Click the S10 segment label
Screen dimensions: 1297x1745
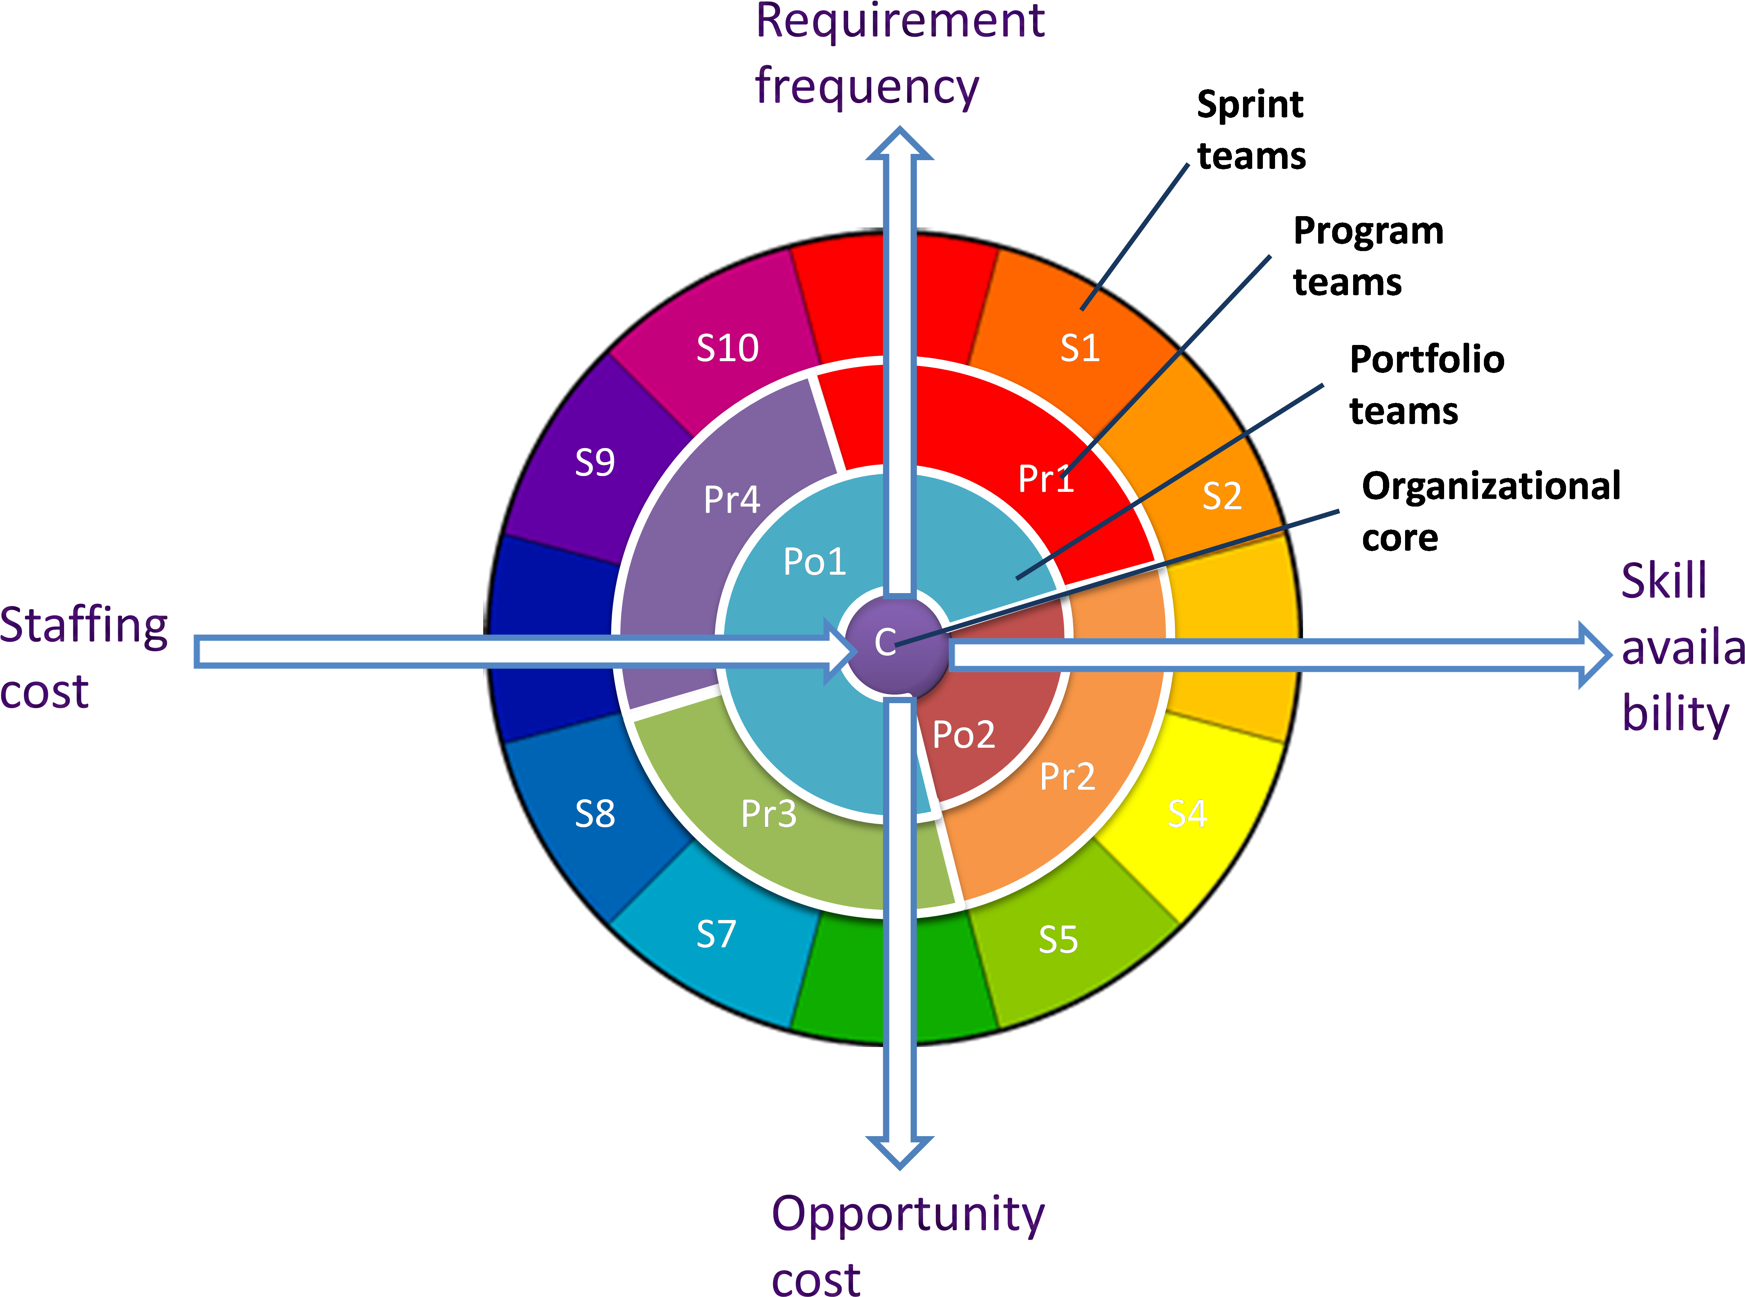[727, 348]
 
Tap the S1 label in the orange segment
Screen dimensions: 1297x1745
[1080, 348]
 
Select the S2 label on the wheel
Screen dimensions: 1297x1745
[1222, 496]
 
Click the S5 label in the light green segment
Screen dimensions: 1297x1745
[1058, 939]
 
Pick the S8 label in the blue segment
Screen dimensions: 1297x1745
[594, 814]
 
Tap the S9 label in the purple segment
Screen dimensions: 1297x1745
[594, 462]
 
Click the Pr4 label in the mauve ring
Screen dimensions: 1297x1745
[731, 499]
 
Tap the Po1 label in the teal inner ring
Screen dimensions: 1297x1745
[814, 561]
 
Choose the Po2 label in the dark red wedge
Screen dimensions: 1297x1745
[963, 735]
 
